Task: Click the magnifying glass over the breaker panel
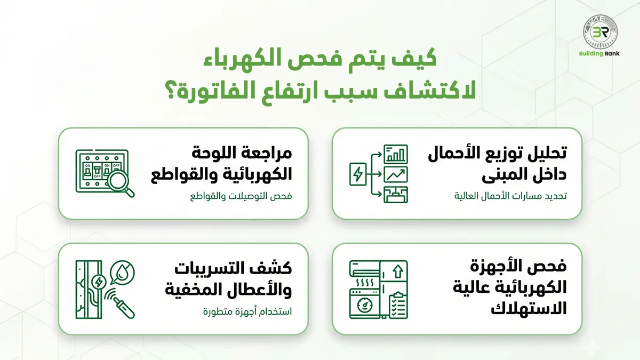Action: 122,185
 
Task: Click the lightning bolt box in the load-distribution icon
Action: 357,174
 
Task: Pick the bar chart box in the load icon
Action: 396,154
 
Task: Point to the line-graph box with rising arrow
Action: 396,174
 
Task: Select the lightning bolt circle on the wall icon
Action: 99,281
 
